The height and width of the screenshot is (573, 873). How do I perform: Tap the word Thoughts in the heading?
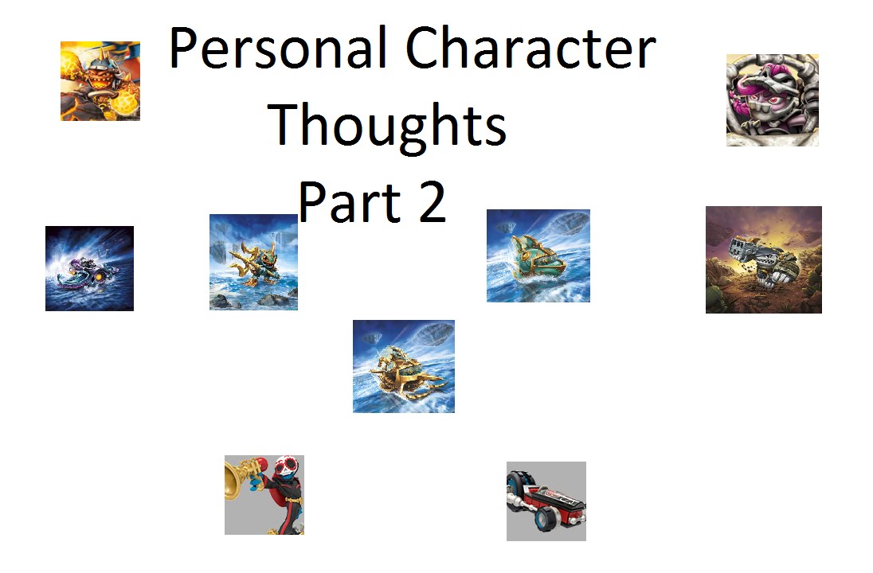point(388,126)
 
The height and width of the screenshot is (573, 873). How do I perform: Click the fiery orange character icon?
point(100,81)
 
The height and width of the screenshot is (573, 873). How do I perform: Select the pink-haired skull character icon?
point(772,100)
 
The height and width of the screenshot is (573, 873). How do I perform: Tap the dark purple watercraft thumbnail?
point(89,268)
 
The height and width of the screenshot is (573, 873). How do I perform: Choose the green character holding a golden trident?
point(253,262)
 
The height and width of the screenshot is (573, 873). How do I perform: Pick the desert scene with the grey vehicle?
point(763,259)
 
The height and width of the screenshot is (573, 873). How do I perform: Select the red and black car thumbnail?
point(546,501)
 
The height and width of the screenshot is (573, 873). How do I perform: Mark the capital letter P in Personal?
point(182,49)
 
